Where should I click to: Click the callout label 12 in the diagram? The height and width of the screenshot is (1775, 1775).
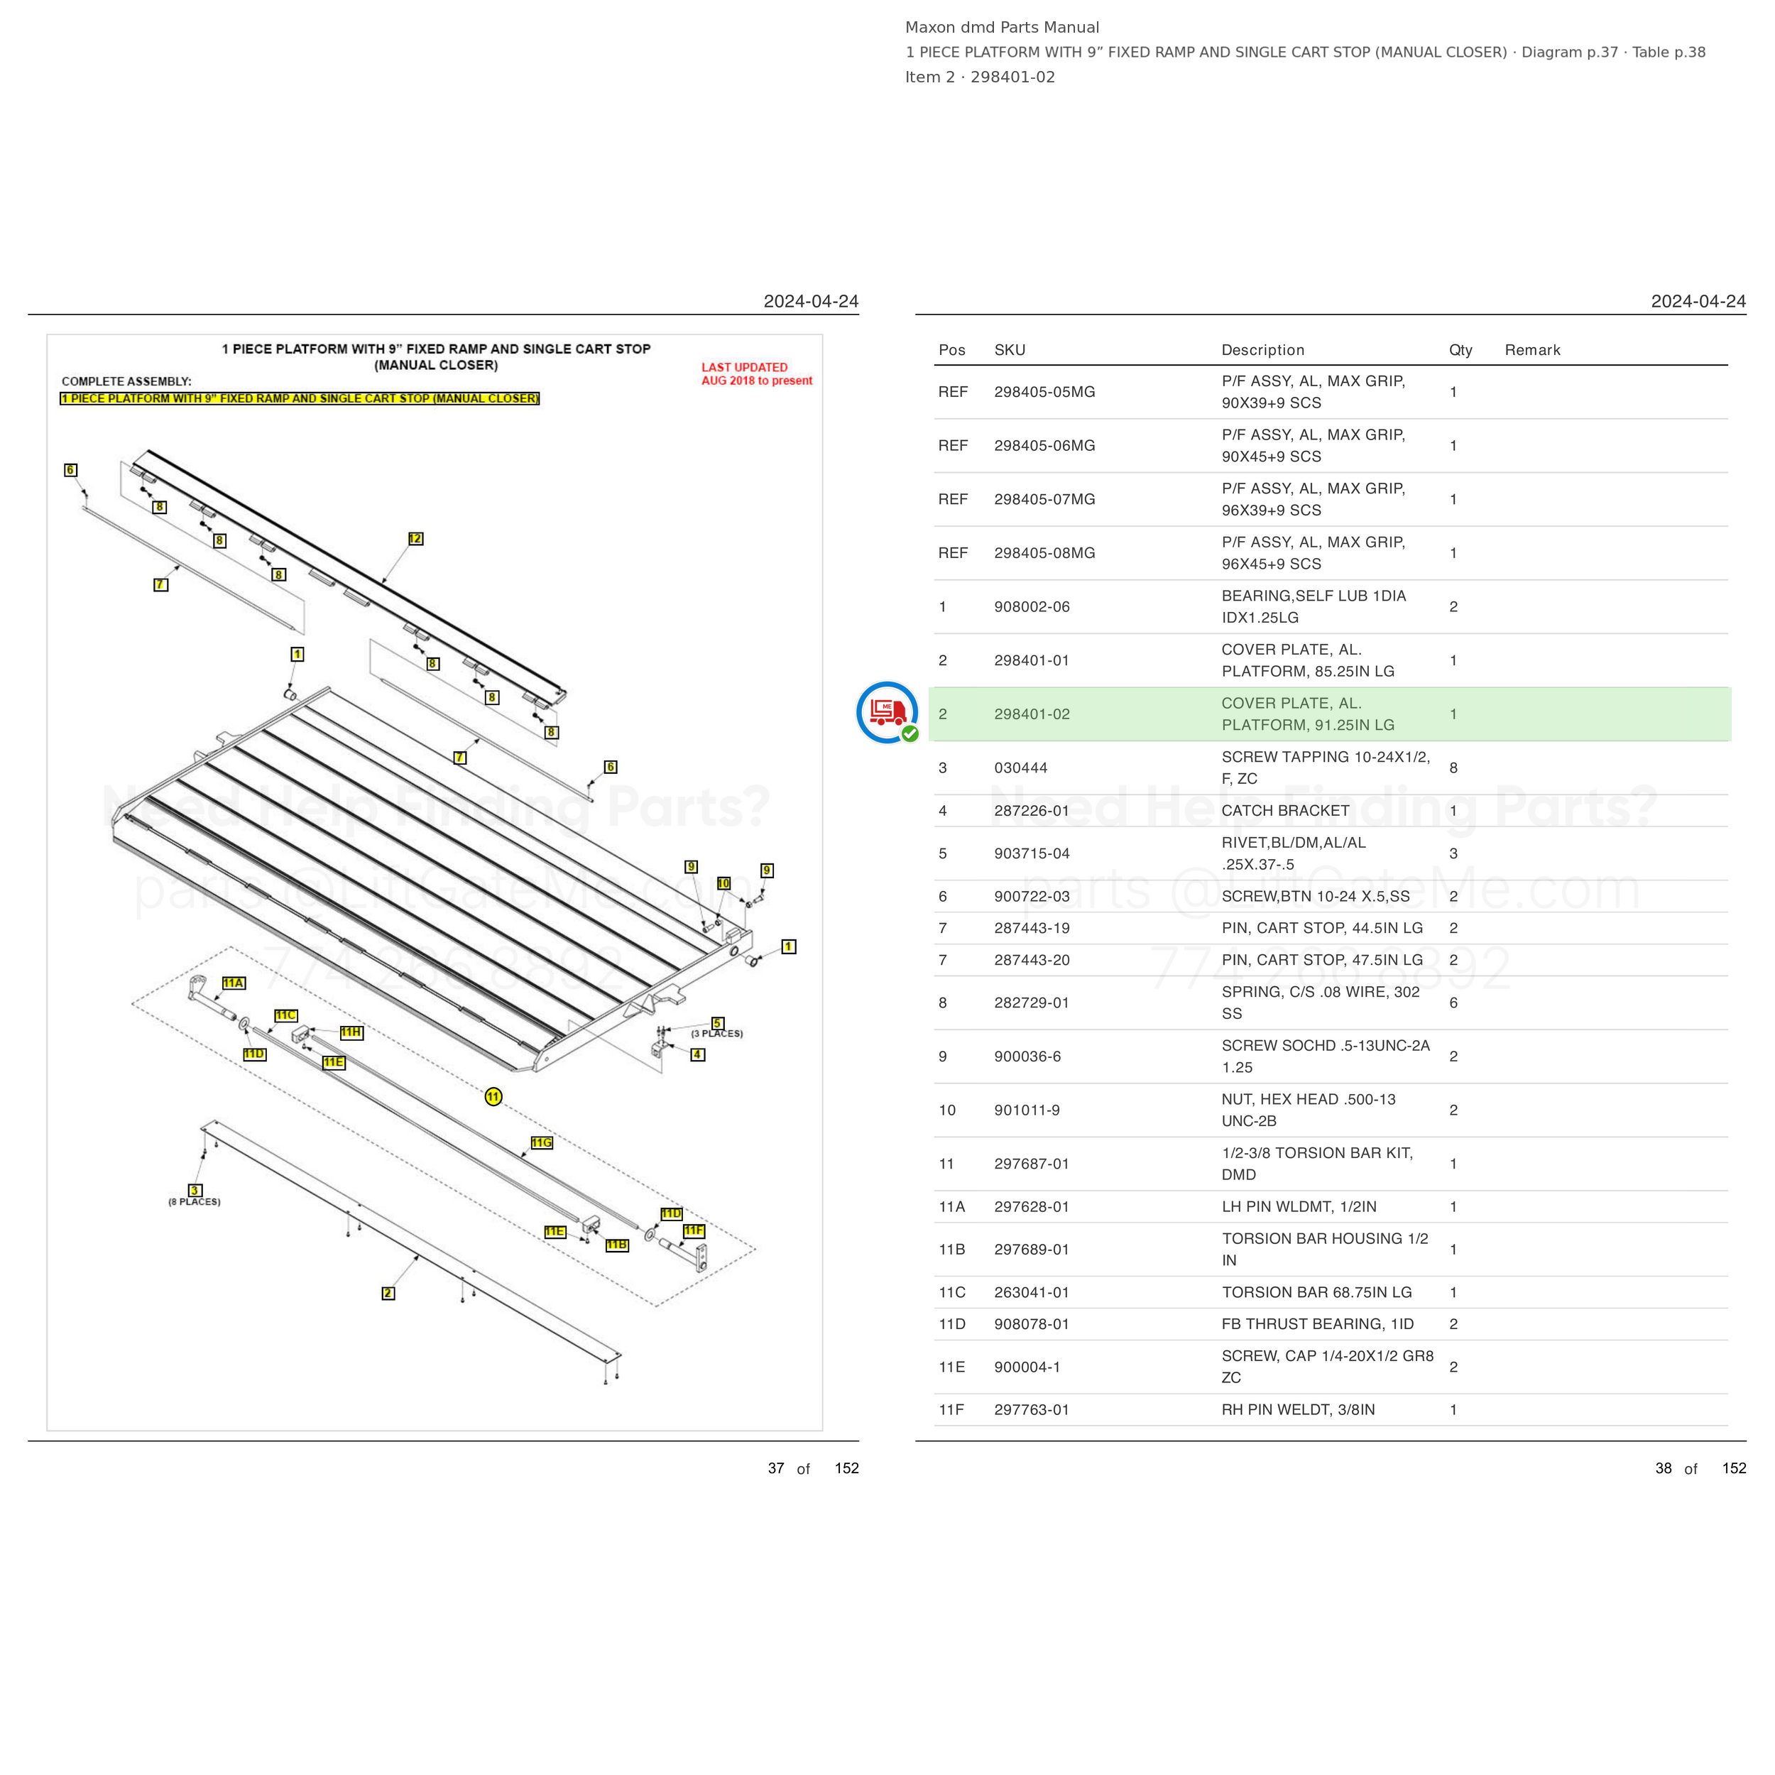pos(415,538)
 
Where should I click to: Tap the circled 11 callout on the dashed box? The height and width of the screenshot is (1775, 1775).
pos(493,1096)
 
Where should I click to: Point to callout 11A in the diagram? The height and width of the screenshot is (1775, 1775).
pos(234,983)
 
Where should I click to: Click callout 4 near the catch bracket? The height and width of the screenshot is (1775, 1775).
pos(698,1055)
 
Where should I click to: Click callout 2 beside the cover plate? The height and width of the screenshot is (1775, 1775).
pos(388,1294)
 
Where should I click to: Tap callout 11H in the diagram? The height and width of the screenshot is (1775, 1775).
pos(351,1032)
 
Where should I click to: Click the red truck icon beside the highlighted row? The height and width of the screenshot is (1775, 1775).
pos(887,712)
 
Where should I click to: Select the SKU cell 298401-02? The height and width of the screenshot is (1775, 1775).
pos(1032,714)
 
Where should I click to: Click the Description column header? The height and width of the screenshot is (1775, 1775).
pos(1262,350)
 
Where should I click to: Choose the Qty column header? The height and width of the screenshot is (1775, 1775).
pos(1460,350)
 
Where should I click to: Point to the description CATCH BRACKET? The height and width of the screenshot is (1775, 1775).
pos(1285,810)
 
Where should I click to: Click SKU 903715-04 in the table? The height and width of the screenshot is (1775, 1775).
pos(1032,853)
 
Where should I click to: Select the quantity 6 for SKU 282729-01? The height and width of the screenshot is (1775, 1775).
pos(1453,1003)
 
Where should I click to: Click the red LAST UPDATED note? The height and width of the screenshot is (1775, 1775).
pos(757,374)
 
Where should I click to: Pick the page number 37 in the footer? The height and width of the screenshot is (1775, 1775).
pos(776,1468)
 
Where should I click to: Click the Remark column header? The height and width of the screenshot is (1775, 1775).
pos(1532,350)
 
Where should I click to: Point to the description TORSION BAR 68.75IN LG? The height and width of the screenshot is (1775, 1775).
pos(1316,1291)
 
